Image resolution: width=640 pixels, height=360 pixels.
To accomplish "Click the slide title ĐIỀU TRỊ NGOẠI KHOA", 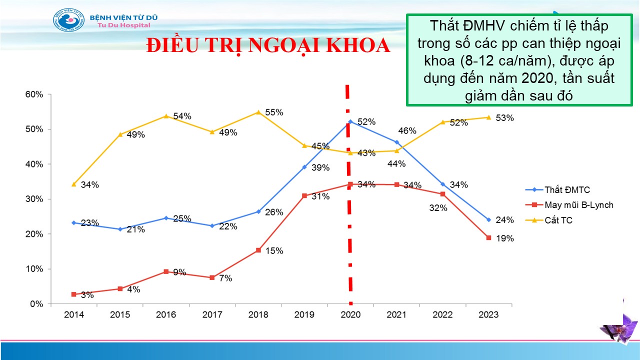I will tap(268, 45).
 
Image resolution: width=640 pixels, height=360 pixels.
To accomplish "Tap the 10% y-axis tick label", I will tap(34, 269).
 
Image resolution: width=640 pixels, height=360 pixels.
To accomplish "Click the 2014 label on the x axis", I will tap(74, 315).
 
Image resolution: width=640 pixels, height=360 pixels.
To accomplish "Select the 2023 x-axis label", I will tap(488, 315).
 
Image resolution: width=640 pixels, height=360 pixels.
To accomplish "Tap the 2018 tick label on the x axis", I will tap(258, 315).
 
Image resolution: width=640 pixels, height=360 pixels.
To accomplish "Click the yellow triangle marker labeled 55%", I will tap(258, 112).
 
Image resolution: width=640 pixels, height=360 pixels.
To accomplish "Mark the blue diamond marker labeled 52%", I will tap(350, 121).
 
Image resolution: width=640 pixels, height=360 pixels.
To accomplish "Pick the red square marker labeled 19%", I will tap(488, 237).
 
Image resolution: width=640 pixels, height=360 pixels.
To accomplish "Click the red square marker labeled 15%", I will tap(258, 250).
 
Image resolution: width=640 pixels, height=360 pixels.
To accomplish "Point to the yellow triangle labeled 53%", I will tap(488, 117).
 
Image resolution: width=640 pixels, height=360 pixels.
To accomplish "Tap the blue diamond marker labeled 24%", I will tap(488, 219).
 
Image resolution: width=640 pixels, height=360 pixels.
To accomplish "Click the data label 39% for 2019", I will tap(320, 168).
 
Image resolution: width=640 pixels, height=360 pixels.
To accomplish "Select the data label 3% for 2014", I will tap(87, 295).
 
